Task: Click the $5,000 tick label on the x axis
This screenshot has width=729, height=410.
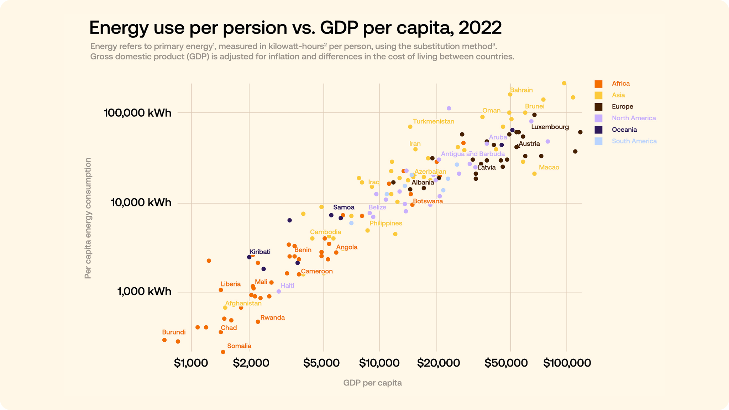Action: tap(323, 363)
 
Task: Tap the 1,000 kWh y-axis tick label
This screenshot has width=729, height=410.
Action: tap(144, 292)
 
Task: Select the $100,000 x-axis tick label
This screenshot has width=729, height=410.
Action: tap(567, 363)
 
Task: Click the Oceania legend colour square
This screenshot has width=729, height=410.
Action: tap(599, 130)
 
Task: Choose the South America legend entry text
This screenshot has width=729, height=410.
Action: tap(634, 141)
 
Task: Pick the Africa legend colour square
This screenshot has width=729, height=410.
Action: tap(599, 84)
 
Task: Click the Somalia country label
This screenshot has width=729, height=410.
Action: tap(239, 346)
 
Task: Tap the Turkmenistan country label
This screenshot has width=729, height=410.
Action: tap(434, 121)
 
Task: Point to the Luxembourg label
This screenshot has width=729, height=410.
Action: tap(550, 127)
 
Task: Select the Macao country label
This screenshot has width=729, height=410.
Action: tap(549, 167)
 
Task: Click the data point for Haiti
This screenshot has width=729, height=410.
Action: tap(279, 291)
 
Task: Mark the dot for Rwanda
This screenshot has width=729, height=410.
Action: tap(258, 322)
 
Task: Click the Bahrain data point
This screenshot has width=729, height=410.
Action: tap(510, 95)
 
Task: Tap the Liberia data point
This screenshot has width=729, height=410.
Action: tap(221, 290)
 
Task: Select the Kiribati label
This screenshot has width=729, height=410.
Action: tap(260, 252)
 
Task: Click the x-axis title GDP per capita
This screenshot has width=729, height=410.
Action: tap(372, 383)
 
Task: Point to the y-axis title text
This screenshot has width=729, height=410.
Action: tap(88, 218)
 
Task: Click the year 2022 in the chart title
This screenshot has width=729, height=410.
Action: tap(480, 28)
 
